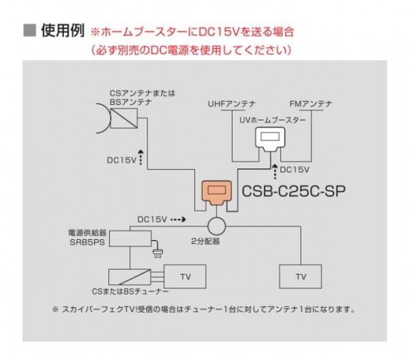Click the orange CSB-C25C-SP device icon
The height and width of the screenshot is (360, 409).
218,194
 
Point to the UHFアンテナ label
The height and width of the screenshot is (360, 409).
232,104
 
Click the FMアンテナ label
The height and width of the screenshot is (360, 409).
311,104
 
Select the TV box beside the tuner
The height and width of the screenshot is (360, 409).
185,276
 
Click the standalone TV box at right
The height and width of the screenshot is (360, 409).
301,276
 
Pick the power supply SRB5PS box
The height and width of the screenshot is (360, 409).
132,239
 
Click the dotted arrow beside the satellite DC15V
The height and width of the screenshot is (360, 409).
141,158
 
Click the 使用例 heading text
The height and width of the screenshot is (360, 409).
63,31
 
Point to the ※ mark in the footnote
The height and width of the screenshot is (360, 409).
56,309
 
